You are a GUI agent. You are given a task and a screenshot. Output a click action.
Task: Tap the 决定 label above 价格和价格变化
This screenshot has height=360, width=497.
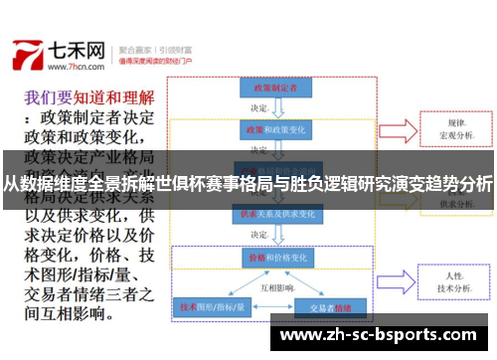[x=260, y=235]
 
